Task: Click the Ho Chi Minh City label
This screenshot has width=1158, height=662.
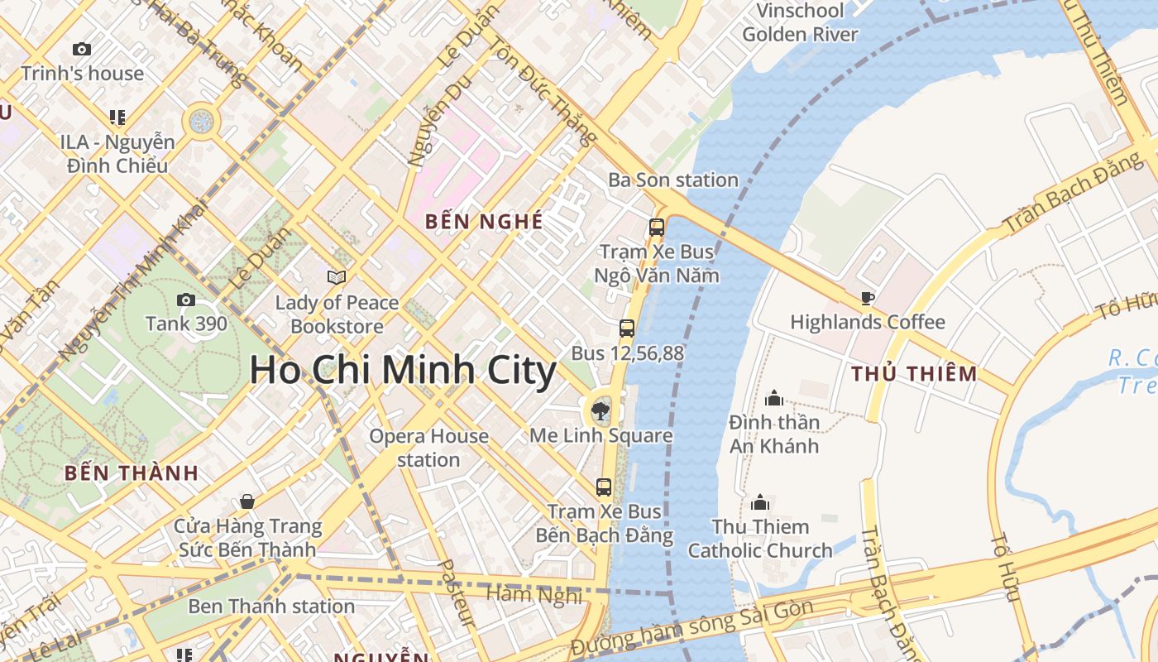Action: [x=403, y=370]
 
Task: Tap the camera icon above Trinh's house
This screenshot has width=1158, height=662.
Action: [x=82, y=50]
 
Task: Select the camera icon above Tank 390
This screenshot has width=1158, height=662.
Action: [x=186, y=300]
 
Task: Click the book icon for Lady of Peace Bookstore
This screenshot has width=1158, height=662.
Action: [x=337, y=277]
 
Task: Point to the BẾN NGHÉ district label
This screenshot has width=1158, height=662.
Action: [x=484, y=222]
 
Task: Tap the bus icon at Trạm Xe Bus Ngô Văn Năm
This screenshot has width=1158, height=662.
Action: [x=657, y=227]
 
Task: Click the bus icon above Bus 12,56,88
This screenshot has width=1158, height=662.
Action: [x=627, y=329]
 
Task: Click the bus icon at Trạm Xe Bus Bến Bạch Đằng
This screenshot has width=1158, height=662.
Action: [x=604, y=487]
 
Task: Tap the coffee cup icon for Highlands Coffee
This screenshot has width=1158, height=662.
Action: [x=867, y=298]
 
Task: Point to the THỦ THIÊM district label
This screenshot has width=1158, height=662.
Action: [x=914, y=374]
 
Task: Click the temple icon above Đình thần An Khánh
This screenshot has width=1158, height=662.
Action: [x=774, y=399]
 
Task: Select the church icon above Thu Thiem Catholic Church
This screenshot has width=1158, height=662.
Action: [x=760, y=502]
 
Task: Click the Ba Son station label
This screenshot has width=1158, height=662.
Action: [x=673, y=180]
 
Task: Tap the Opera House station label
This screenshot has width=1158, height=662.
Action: [x=428, y=448]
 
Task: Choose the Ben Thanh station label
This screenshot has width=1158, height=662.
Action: [x=271, y=606]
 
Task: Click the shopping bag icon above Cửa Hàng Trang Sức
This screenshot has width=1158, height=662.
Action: [x=246, y=501]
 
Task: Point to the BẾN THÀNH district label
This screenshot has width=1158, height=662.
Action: [x=132, y=473]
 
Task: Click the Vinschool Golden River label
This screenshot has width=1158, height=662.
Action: [x=800, y=22]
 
